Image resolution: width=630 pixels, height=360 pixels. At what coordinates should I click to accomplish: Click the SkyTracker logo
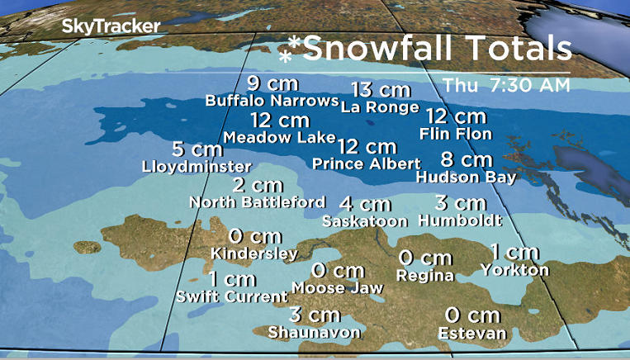click(x=111, y=26)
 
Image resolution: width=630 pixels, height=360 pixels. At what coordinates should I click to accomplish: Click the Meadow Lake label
click(x=279, y=137)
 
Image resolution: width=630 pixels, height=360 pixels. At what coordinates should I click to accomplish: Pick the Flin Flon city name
click(x=456, y=134)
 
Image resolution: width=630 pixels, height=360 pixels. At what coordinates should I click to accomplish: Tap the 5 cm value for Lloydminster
click(x=197, y=150)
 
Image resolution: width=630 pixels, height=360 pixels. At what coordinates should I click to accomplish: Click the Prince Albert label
click(x=367, y=163)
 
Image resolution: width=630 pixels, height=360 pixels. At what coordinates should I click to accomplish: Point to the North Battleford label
click(x=257, y=201)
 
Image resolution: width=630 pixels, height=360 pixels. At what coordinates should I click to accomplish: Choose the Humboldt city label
click(x=461, y=220)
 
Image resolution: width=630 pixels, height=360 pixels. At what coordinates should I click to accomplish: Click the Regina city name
click(x=425, y=275)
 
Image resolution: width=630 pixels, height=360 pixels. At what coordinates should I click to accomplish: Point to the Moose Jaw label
click(x=338, y=288)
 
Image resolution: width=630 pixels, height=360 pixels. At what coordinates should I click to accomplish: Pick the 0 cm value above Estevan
click(x=472, y=315)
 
